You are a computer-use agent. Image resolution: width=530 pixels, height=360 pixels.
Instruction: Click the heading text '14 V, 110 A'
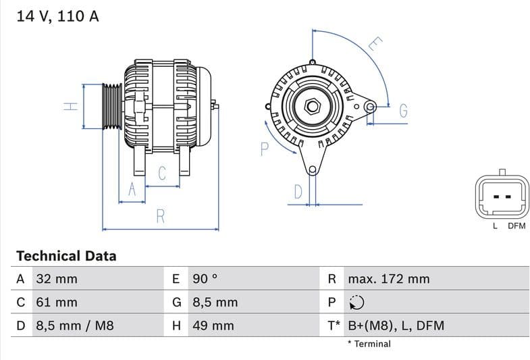click(57, 16)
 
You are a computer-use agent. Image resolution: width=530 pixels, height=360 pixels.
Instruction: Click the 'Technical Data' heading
click(66, 256)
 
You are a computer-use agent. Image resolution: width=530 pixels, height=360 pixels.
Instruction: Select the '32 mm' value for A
click(56, 279)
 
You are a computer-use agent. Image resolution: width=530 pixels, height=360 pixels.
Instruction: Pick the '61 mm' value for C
click(56, 303)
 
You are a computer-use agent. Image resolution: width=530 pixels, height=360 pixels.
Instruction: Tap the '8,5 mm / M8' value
click(74, 326)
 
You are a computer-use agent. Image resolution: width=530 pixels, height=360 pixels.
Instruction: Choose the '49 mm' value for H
click(213, 326)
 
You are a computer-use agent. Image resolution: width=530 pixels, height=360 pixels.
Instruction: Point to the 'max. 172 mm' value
click(388, 279)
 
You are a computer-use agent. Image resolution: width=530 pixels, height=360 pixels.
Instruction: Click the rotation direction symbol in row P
click(356, 303)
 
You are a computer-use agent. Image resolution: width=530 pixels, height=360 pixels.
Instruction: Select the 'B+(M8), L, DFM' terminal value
click(396, 326)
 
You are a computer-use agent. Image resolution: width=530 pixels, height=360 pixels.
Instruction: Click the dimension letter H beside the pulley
click(71, 106)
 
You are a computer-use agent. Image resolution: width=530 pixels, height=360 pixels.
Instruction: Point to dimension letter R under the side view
click(161, 216)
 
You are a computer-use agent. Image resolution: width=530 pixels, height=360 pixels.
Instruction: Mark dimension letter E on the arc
click(375, 45)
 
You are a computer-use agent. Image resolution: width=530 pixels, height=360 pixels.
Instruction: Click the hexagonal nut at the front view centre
click(312, 106)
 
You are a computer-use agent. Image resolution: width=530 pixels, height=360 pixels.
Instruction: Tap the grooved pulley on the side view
click(111, 106)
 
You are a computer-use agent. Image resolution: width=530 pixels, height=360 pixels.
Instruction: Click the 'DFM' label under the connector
click(516, 226)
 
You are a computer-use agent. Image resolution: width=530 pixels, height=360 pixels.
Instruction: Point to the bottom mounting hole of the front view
click(312, 170)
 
